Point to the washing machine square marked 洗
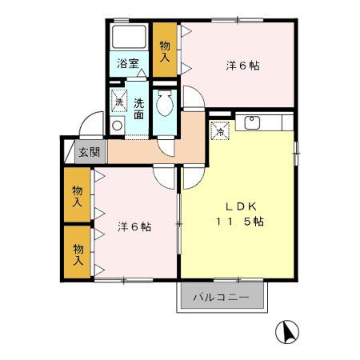coord(118,102)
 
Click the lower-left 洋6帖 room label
coord(134,226)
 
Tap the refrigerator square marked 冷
coord(218,131)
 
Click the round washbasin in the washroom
coord(118,125)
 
